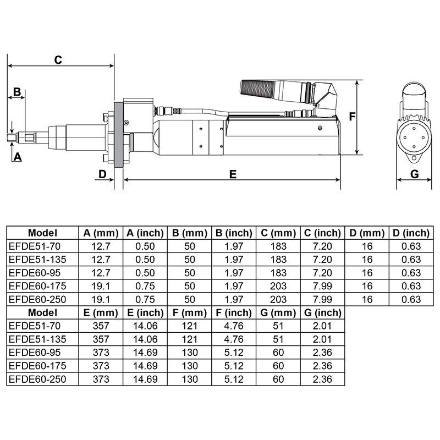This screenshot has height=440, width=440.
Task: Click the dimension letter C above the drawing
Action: pos(58,60)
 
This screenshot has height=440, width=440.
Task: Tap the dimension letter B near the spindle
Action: pos(16,91)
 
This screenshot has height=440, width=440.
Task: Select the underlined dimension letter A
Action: pos(17,157)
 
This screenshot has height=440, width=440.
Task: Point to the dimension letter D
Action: pos(102,174)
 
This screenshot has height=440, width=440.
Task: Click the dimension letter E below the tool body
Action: pos(233,174)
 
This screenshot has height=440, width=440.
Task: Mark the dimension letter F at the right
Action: pos(353,117)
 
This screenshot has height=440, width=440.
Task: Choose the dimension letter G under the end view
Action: pos(415,174)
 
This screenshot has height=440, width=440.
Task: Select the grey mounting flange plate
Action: pos(117,135)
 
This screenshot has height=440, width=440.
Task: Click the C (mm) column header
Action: pos(277,233)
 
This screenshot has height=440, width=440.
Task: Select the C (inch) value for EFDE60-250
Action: pos(322,299)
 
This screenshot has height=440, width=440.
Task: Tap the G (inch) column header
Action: pos(322,313)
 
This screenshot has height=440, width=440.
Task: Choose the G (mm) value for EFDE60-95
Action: pos(277,353)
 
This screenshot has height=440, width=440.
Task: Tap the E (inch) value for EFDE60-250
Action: pos(145,380)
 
